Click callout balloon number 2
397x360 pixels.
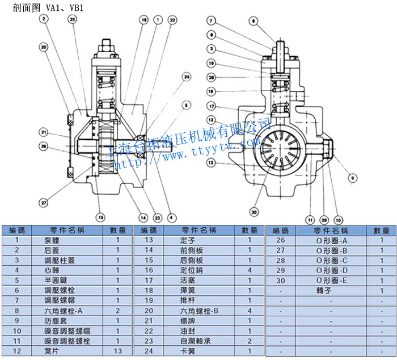click(x=44, y=19)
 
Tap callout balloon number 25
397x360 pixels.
click(x=71, y=19)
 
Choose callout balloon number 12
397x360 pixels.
click(x=210, y=163)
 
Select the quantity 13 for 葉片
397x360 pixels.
click(x=118, y=351)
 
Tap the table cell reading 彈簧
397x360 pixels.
click(x=187, y=290)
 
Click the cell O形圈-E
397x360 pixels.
click(x=332, y=281)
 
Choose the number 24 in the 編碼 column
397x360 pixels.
click(x=148, y=351)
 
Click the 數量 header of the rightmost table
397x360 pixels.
click(x=381, y=230)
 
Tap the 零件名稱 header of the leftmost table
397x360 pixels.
click(x=67, y=230)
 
